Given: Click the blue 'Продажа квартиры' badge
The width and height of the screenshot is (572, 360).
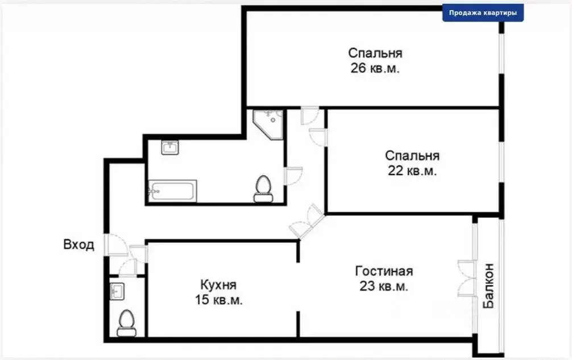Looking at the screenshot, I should click(x=483, y=13).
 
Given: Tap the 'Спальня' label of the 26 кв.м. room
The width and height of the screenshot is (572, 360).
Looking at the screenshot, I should click(x=375, y=53).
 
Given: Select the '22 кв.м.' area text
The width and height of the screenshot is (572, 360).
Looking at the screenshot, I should click(x=412, y=171).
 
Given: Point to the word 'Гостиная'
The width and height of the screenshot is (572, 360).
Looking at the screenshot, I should click(x=384, y=271).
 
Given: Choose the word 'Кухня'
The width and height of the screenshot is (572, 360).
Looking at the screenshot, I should click(x=218, y=284).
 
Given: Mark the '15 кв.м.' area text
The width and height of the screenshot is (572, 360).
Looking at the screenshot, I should click(x=218, y=300).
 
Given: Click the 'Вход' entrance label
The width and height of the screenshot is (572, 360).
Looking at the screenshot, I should click(x=78, y=246).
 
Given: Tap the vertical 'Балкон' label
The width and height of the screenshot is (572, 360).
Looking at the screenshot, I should click(x=488, y=285).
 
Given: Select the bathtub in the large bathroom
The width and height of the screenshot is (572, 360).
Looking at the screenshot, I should click(x=173, y=191).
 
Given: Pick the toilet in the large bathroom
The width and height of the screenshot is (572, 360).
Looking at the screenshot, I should click(x=263, y=188).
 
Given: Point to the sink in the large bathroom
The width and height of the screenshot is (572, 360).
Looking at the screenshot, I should click(x=170, y=148).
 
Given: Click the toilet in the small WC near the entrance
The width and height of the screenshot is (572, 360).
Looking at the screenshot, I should click(x=126, y=322).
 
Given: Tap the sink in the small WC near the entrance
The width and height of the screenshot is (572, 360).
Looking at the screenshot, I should click(x=118, y=291).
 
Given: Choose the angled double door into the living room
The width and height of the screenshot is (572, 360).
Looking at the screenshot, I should click(x=307, y=221).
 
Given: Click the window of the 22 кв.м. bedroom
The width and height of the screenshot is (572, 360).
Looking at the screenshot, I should click(x=500, y=162).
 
